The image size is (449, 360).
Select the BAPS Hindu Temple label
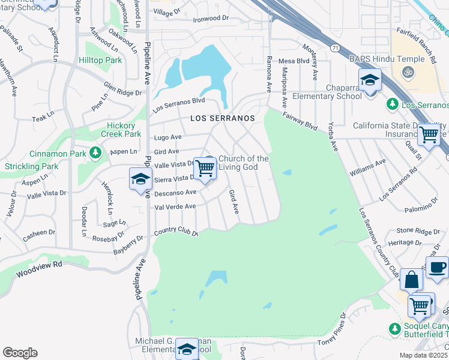[x=387, y=60]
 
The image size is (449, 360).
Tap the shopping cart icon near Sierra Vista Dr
[x=205, y=168]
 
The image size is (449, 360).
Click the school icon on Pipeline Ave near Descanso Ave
[x=141, y=179]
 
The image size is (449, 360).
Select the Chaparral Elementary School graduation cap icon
[x=370, y=80]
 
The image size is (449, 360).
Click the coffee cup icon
[x=438, y=267]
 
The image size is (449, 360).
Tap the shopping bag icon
[x=412, y=280]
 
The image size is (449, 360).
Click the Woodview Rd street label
[x=40, y=268]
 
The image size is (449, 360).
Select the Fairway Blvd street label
[x=299, y=120]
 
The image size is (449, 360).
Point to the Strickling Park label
[x=31, y=166]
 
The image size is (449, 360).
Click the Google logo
[x=20, y=353]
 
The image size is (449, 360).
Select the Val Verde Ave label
[x=175, y=206]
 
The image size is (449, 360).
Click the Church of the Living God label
[x=243, y=163]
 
